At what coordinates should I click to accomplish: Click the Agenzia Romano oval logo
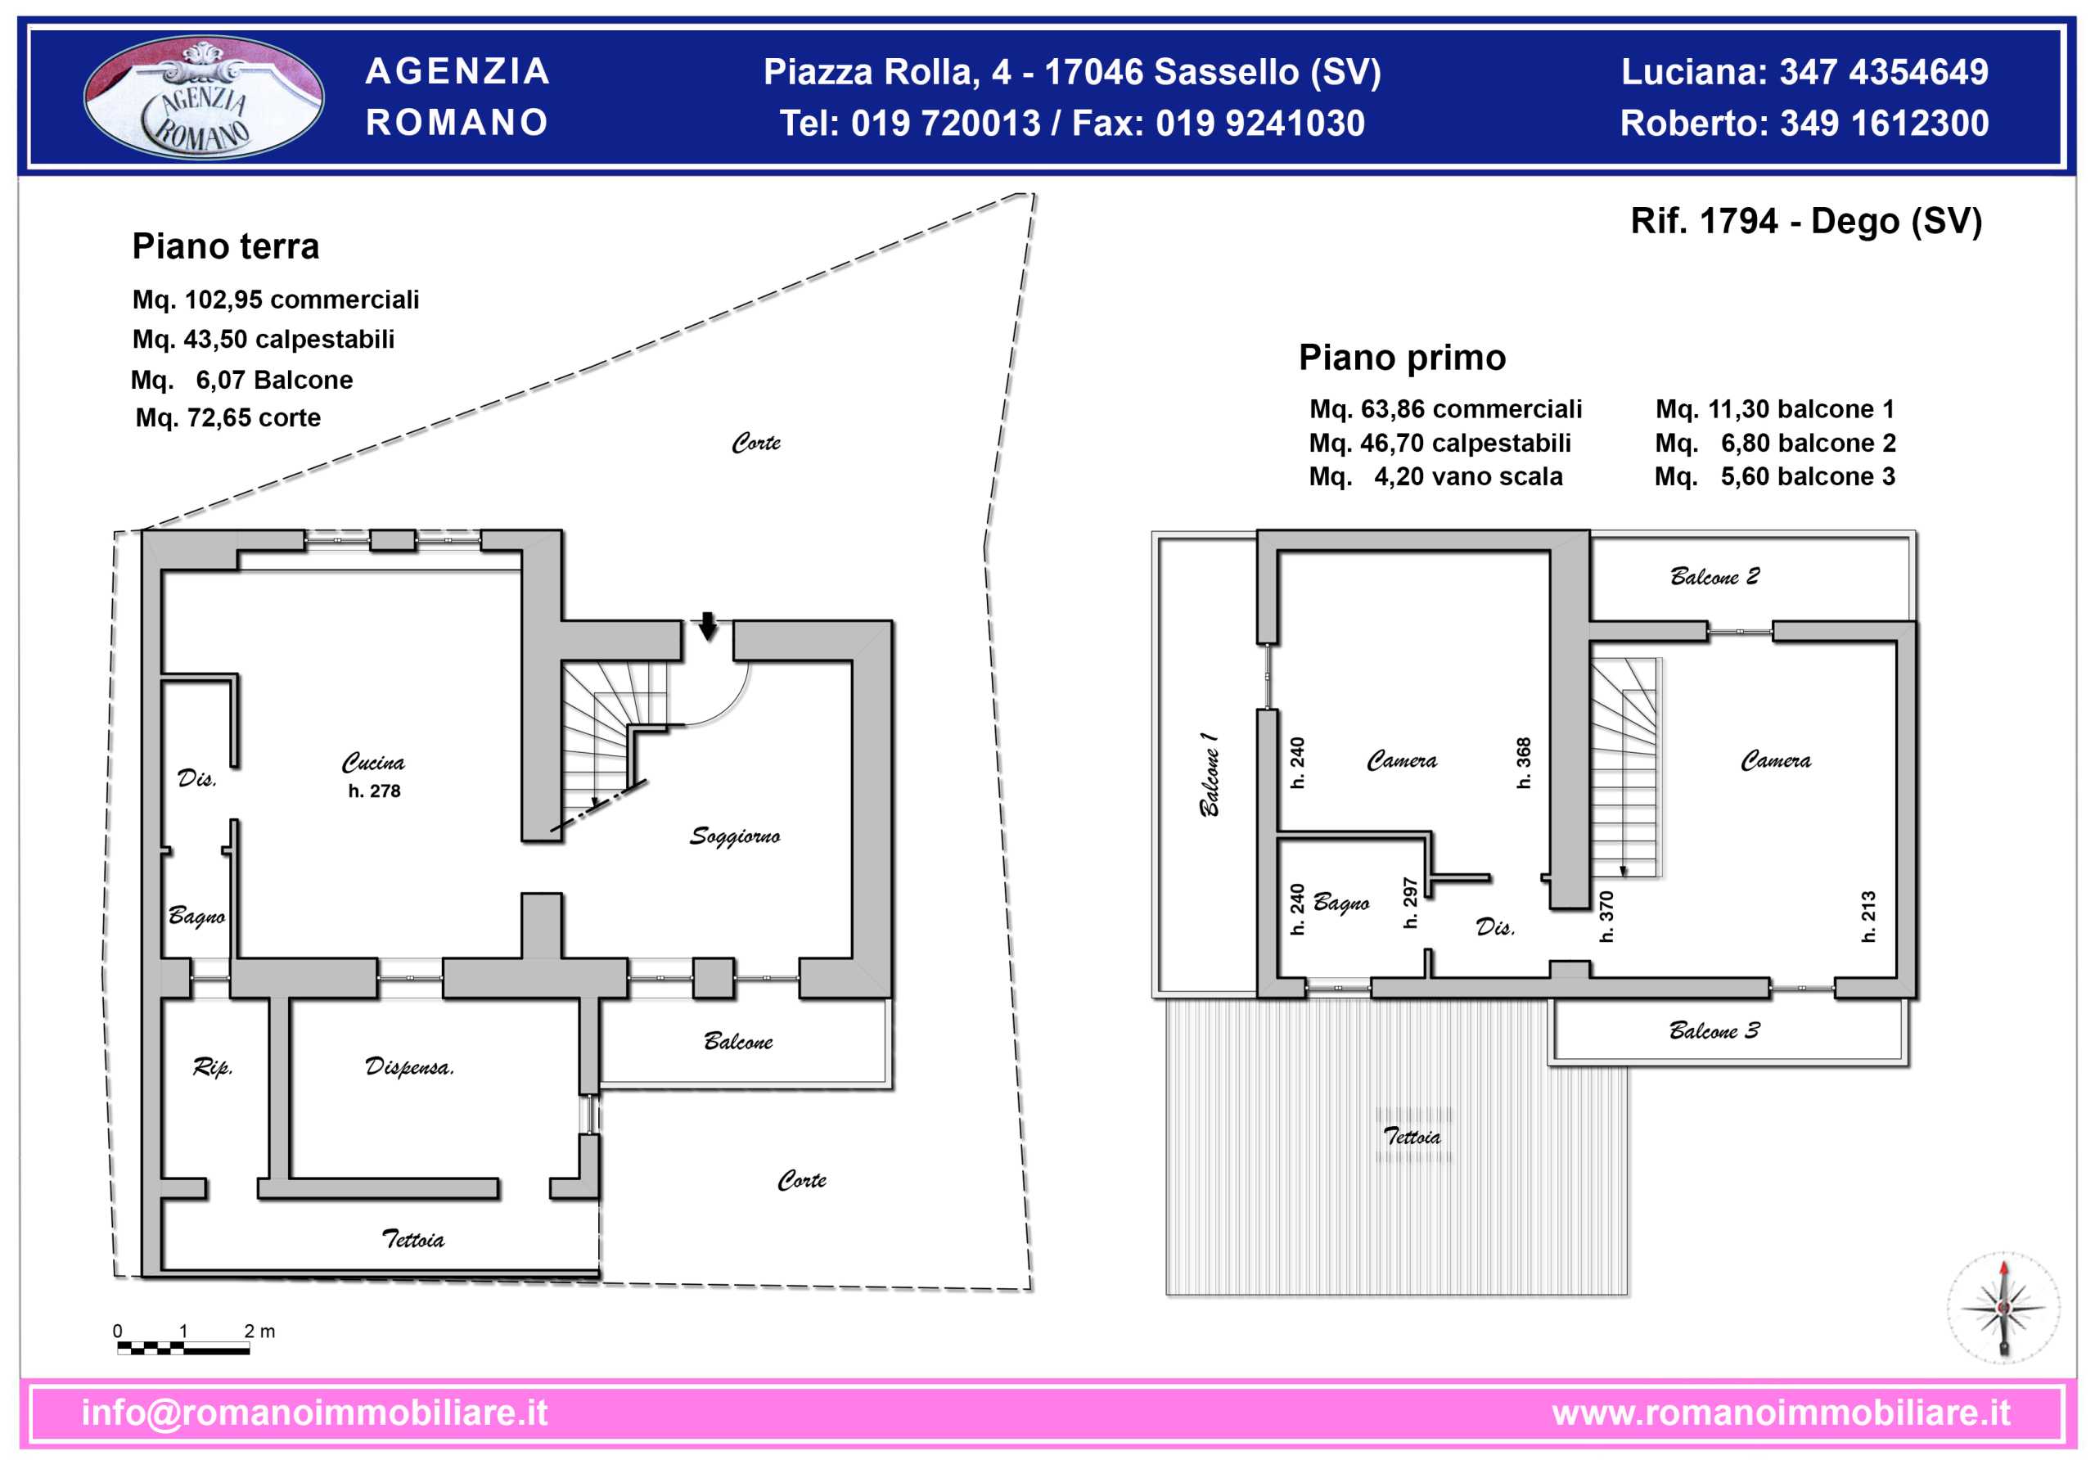coord(204,97)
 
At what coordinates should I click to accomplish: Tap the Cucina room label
coord(373,763)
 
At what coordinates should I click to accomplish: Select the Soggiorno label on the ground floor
coord(735,836)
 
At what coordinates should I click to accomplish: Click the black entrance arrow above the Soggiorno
coord(708,626)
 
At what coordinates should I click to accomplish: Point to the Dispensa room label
coord(410,1066)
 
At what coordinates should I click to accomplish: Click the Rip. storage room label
coord(213,1066)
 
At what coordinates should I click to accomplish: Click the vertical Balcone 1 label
coord(1208,774)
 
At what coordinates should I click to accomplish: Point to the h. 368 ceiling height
coord(1524,763)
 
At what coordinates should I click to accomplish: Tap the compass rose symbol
coord(2003,1308)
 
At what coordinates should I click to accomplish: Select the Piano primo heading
coord(1403,358)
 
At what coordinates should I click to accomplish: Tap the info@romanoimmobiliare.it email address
coord(315,1413)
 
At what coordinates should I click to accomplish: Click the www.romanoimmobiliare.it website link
coord(1781,1413)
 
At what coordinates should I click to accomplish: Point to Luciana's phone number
coord(1884,72)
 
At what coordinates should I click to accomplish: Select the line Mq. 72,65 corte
coord(228,418)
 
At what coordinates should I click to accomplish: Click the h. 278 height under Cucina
coord(374,791)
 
